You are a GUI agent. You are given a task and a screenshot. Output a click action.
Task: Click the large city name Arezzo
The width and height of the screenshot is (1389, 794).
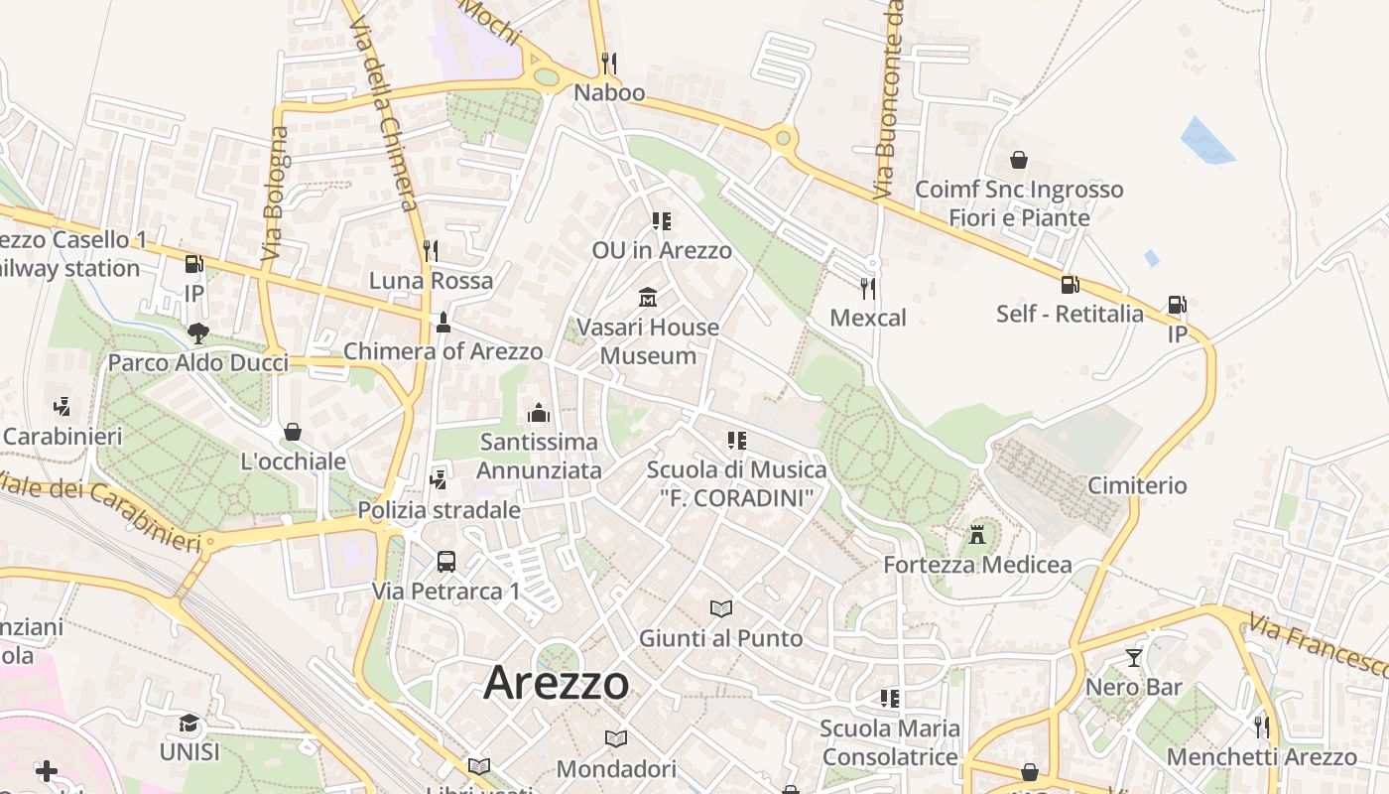click(556, 683)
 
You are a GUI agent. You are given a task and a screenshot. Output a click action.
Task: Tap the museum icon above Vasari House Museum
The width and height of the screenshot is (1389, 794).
click(648, 297)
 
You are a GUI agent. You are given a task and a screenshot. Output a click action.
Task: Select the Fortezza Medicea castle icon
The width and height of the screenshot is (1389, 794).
click(977, 534)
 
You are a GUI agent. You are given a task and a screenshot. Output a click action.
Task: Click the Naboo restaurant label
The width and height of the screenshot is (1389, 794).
click(609, 93)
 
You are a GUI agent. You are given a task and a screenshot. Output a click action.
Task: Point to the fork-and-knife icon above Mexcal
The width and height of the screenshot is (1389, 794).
click(868, 288)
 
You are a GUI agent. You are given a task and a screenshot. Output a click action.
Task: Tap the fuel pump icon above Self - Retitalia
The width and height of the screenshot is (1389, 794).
click(1070, 284)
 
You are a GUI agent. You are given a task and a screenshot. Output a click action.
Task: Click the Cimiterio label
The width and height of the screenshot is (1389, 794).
click(1137, 485)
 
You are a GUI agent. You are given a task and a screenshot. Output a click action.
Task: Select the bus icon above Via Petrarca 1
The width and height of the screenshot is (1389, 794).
click(446, 561)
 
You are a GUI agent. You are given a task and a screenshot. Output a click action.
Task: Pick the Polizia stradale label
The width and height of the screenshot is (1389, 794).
click(439, 510)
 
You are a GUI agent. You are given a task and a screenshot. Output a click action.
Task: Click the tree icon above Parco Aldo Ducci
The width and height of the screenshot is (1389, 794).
click(197, 332)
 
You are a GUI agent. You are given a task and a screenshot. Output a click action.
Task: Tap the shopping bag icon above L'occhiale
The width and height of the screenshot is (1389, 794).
click(293, 432)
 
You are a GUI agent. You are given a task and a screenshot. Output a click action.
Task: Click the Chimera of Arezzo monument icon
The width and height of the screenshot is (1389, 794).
click(442, 323)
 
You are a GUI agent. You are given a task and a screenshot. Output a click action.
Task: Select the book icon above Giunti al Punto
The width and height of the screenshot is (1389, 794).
click(721, 607)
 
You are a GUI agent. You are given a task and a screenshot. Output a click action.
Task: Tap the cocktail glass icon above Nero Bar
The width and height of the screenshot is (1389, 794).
click(1133, 657)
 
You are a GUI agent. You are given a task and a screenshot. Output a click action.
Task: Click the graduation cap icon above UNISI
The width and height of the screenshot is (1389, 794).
click(189, 723)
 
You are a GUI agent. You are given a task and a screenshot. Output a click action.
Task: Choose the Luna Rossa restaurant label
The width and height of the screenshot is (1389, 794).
click(431, 281)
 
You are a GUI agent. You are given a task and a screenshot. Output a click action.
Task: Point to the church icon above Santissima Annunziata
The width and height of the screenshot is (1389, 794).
click(539, 412)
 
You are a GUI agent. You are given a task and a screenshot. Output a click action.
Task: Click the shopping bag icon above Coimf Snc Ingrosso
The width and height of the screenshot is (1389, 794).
click(1019, 159)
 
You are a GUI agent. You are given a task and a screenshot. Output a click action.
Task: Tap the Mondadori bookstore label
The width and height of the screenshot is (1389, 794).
click(616, 768)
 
